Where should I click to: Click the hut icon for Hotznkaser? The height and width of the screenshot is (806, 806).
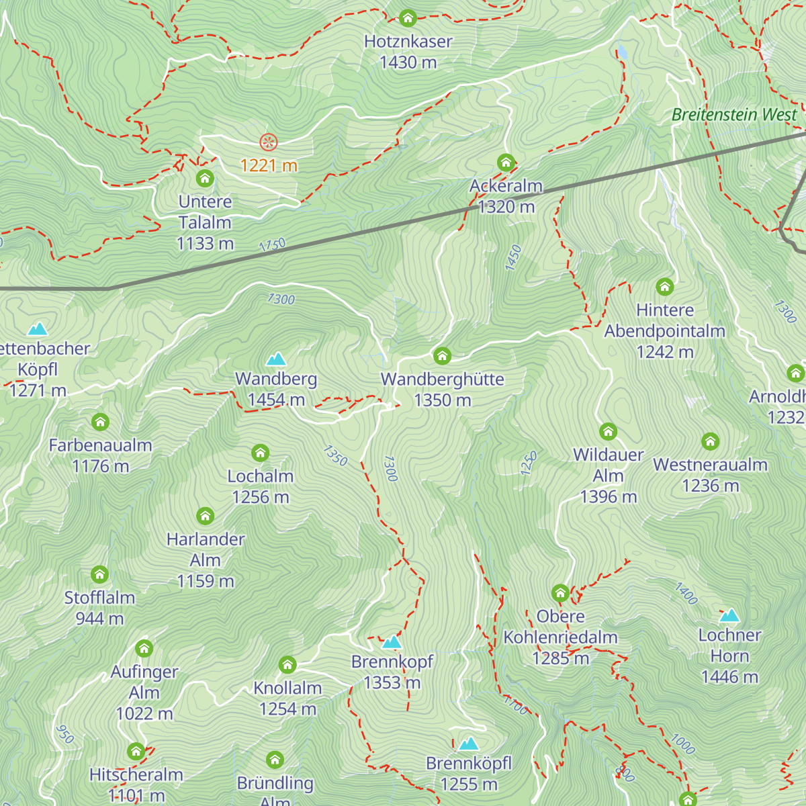tap(408, 18)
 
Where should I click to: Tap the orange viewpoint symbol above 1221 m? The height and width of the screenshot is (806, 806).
tap(269, 142)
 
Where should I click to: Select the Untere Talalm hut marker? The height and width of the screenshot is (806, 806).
tap(205, 179)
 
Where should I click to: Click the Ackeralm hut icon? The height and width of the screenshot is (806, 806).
tap(506, 163)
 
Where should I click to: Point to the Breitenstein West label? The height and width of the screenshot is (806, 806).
tap(733, 115)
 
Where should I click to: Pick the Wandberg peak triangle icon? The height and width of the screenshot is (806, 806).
tap(276, 359)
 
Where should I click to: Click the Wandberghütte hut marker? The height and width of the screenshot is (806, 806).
tap(442, 355)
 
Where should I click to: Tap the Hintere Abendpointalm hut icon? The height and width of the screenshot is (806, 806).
tap(664, 287)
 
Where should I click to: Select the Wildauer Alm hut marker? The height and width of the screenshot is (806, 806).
tap(608, 431)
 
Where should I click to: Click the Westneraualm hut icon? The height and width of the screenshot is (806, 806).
tap(710, 441)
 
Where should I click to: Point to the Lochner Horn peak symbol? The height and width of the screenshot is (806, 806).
tap(729, 615)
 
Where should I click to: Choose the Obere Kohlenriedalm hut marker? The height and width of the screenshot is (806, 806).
tap(560, 592)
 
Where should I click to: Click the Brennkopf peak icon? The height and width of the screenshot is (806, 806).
tap(392, 642)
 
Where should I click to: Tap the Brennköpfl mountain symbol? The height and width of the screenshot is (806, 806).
tap(469, 744)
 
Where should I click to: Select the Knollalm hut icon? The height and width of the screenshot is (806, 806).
tap(287, 665)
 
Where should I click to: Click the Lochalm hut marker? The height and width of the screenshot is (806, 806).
tap(260, 453)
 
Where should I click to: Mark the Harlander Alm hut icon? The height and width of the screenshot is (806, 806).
tap(206, 516)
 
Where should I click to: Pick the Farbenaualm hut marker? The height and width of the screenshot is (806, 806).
tap(100, 422)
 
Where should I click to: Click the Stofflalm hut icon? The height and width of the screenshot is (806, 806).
tap(99, 574)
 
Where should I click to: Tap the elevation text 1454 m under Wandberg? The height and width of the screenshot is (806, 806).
tap(276, 400)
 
